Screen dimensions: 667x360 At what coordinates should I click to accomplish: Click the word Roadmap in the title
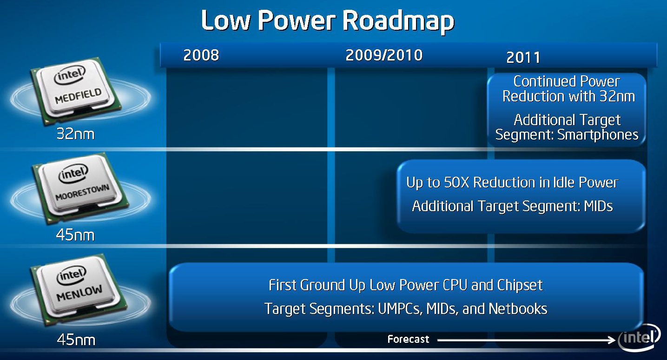(x=398, y=21)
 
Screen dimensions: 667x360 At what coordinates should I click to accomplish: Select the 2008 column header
(x=201, y=55)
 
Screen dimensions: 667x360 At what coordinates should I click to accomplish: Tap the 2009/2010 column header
(x=384, y=55)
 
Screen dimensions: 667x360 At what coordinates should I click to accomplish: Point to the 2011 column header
(x=523, y=58)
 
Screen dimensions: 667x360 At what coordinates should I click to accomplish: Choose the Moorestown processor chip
(x=80, y=188)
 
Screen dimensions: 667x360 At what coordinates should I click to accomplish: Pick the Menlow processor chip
(x=78, y=289)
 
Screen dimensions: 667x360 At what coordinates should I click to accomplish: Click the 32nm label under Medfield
(x=75, y=134)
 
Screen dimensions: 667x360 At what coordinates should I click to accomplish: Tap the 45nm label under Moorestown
(x=75, y=235)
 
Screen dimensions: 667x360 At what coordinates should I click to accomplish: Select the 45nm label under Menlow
(x=76, y=340)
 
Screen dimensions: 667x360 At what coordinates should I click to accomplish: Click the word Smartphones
(x=598, y=135)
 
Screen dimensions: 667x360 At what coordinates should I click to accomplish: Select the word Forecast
(x=408, y=339)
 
